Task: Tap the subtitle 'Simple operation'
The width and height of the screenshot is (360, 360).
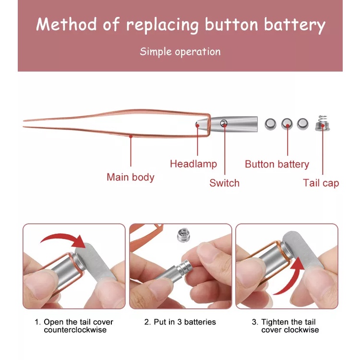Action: [180, 51]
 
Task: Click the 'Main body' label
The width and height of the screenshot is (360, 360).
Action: [131, 177]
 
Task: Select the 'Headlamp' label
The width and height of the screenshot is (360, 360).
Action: [193, 164]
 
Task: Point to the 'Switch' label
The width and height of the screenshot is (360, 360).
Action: [224, 183]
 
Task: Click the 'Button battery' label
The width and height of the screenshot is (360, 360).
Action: [277, 164]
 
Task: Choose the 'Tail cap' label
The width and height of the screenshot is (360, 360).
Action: [321, 183]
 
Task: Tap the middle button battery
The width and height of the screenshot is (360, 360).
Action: [287, 124]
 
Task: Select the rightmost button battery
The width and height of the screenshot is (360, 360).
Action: [302, 124]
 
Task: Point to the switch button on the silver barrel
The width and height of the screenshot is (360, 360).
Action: [224, 124]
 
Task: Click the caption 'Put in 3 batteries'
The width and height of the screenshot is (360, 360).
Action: [180, 322]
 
